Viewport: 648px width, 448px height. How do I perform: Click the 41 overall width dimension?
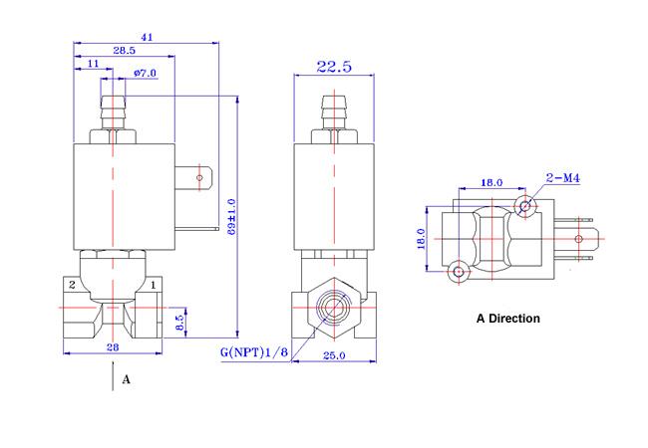coord(148,37)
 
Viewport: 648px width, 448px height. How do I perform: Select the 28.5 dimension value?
coord(125,51)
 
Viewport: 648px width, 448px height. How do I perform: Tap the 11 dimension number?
coord(94,64)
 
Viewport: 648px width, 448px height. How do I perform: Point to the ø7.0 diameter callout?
coord(146,74)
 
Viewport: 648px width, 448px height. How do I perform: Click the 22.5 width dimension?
coord(334,67)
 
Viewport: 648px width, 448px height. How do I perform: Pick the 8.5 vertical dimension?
coord(179,323)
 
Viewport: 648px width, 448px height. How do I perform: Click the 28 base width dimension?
coord(113,347)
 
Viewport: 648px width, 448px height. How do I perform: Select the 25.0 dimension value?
coord(334,355)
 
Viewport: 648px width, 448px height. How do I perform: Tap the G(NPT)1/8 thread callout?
coord(254,352)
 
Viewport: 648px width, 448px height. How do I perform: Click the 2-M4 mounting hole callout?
coord(563,178)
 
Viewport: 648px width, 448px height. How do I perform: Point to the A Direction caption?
coord(507,319)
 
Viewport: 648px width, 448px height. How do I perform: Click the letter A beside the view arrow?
coord(126,379)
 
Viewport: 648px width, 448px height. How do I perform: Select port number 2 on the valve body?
coord(72,285)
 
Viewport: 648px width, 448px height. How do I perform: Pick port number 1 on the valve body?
coord(153,285)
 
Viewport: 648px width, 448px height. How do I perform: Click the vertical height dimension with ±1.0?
coord(231,217)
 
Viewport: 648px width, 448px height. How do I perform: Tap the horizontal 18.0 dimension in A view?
coord(490,182)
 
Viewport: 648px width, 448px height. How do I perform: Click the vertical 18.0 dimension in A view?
coord(421,239)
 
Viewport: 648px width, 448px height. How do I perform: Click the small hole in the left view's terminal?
coord(199,178)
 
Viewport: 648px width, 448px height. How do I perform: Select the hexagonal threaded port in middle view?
coord(334,308)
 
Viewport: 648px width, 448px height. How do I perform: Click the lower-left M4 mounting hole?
coord(459,272)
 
